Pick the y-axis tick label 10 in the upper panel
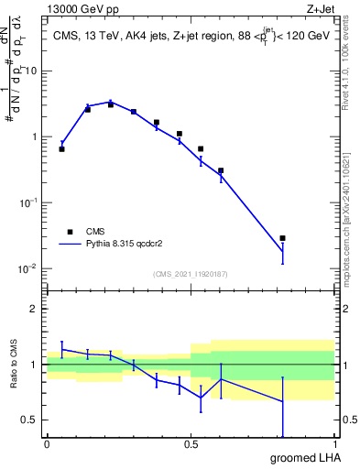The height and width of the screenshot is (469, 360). pyautogui.click(x=31, y=71)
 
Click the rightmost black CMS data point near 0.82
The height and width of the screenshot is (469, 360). pyautogui.click(x=282, y=238)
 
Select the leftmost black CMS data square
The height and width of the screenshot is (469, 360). pyautogui.click(x=61, y=148)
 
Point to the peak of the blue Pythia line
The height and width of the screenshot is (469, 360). pyautogui.click(x=111, y=102)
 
